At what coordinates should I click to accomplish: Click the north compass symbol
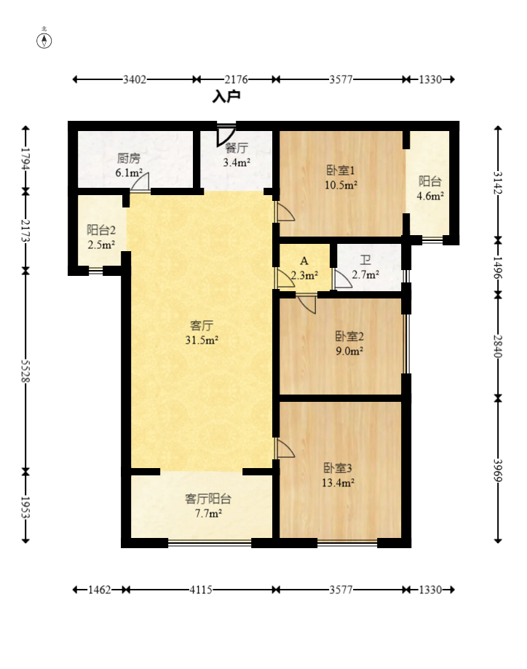click(44, 41)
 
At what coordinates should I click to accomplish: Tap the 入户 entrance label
click(226, 96)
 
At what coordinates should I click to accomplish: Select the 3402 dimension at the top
click(135, 79)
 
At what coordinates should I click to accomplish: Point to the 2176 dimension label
click(237, 79)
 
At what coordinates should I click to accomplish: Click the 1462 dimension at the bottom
click(100, 590)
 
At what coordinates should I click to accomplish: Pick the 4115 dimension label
click(201, 590)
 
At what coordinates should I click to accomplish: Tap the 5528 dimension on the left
click(25, 371)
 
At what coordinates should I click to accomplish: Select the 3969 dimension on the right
click(498, 470)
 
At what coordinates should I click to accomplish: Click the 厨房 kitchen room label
click(129, 158)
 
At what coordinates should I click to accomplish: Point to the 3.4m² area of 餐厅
click(237, 162)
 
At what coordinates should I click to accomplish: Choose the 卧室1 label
click(341, 170)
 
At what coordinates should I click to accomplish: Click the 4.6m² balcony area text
click(430, 196)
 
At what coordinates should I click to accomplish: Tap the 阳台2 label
click(101, 230)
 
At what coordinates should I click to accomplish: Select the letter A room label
click(304, 261)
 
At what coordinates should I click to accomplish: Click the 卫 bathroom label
click(365, 260)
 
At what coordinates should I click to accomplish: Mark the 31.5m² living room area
click(202, 340)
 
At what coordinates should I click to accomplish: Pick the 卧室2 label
click(349, 336)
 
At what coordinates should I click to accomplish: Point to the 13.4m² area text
click(338, 483)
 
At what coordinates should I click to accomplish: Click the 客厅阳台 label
click(208, 499)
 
